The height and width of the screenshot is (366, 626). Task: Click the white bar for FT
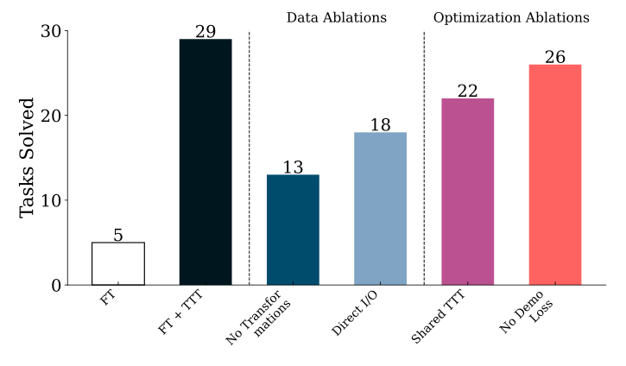click(118, 263)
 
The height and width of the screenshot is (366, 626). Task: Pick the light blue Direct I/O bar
click(380, 209)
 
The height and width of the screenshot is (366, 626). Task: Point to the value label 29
click(206, 32)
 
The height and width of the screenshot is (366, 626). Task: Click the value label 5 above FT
click(118, 235)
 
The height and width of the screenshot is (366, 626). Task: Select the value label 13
click(293, 167)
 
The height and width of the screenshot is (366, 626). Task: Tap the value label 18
click(380, 125)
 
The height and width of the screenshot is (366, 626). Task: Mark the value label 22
click(467, 91)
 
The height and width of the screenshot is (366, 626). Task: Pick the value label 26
click(554, 57)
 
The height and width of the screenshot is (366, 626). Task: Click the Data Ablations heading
click(337, 17)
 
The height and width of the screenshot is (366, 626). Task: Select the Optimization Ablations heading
click(511, 17)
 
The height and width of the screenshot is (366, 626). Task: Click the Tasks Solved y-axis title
click(27, 158)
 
